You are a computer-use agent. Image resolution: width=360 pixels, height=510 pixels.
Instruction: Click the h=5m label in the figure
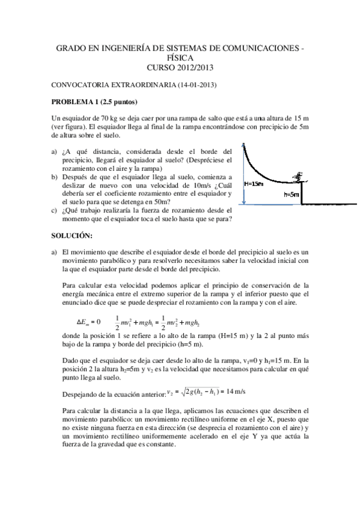(291, 194)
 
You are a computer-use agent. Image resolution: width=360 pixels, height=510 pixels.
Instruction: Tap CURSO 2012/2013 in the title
(180, 67)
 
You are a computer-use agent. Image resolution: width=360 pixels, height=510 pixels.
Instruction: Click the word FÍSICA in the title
(180, 58)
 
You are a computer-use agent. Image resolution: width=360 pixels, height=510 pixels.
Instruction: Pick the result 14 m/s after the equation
(234, 392)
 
